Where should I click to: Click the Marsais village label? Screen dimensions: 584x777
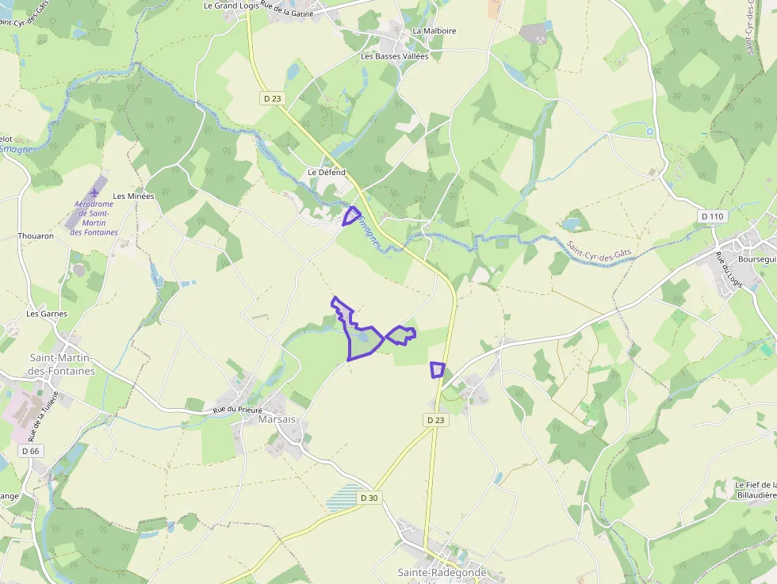click(x=277, y=419)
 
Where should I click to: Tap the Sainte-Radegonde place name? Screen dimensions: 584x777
click(x=442, y=572)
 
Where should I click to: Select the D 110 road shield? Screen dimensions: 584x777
click(x=713, y=216)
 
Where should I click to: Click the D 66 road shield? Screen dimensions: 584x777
click(x=30, y=451)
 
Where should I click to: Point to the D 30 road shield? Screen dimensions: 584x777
click(x=369, y=498)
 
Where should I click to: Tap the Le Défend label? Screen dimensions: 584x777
click(x=327, y=173)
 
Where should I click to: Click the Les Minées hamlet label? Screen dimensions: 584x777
click(x=133, y=196)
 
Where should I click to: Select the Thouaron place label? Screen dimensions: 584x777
click(x=36, y=236)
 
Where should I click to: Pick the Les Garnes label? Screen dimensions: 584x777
click(x=47, y=314)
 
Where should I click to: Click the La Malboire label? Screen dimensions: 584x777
click(x=434, y=31)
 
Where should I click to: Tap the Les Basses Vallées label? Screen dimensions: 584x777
click(x=394, y=56)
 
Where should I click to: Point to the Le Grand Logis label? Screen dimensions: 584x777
click(x=232, y=6)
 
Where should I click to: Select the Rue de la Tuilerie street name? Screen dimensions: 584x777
click(x=44, y=417)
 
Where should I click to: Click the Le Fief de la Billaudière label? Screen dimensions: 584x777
click(x=755, y=490)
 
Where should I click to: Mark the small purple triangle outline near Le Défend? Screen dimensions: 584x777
click(x=351, y=216)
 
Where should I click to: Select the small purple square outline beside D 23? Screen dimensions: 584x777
click(x=437, y=369)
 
